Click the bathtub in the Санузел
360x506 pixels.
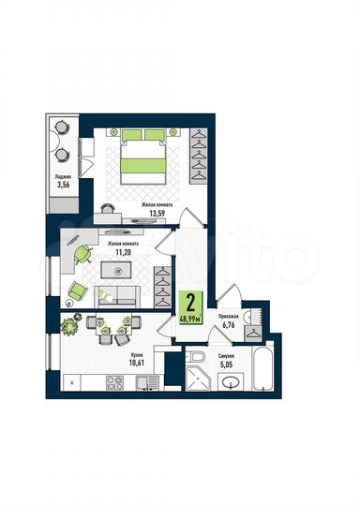click(x=263, y=372)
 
